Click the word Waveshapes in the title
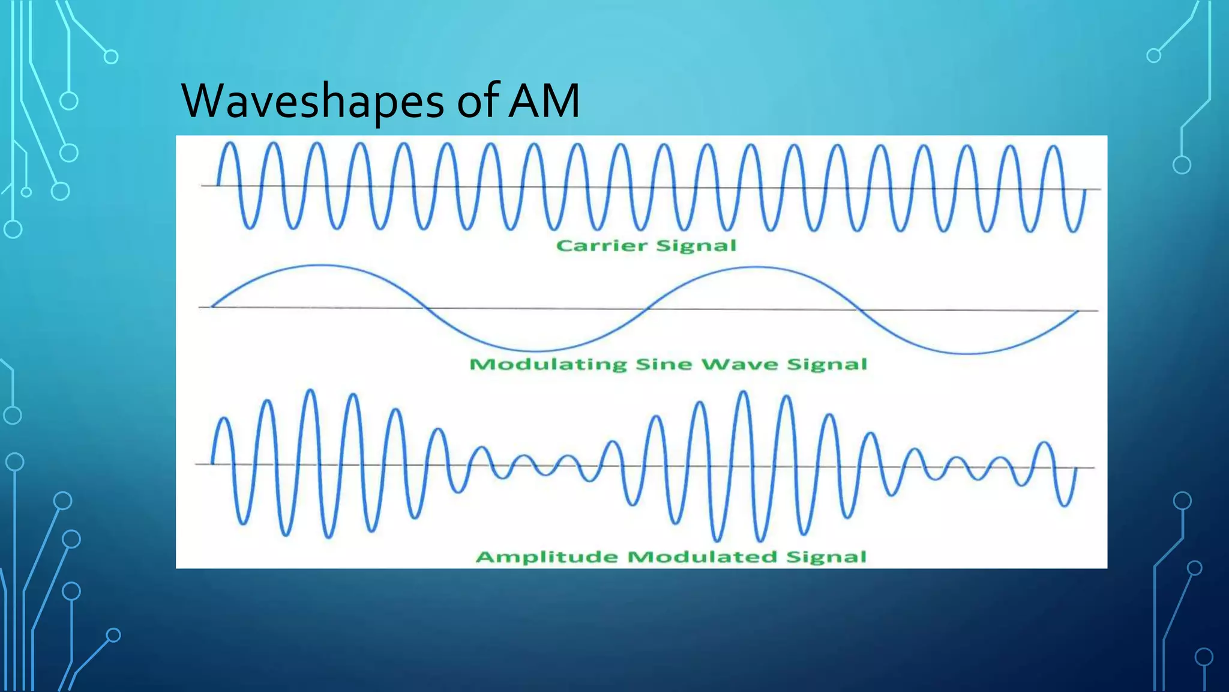tap(312, 101)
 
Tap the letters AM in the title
tap(544, 101)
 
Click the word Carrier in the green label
tap(602, 246)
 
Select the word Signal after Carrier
tap(696, 246)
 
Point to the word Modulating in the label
tap(548, 365)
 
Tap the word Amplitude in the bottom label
tap(547, 557)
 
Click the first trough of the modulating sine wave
tap(538, 351)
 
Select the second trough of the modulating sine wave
tap(967, 354)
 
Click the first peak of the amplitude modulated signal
tap(224, 418)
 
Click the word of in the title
tap(478, 101)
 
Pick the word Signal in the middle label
tap(827, 365)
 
